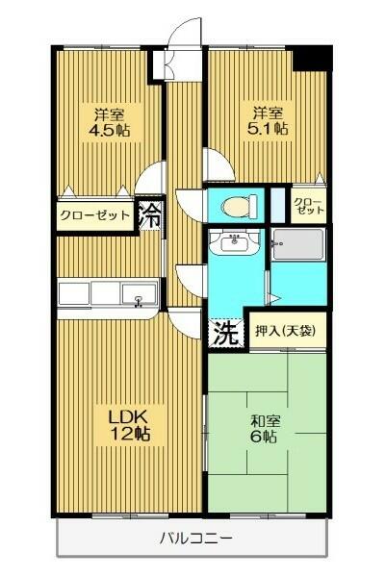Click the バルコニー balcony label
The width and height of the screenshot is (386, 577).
(x=193, y=538)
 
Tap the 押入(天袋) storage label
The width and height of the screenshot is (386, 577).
(x=285, y=331)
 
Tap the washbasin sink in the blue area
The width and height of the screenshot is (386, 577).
(x=233, y=244)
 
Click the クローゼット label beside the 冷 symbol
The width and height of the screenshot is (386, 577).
(x=94, y=215)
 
